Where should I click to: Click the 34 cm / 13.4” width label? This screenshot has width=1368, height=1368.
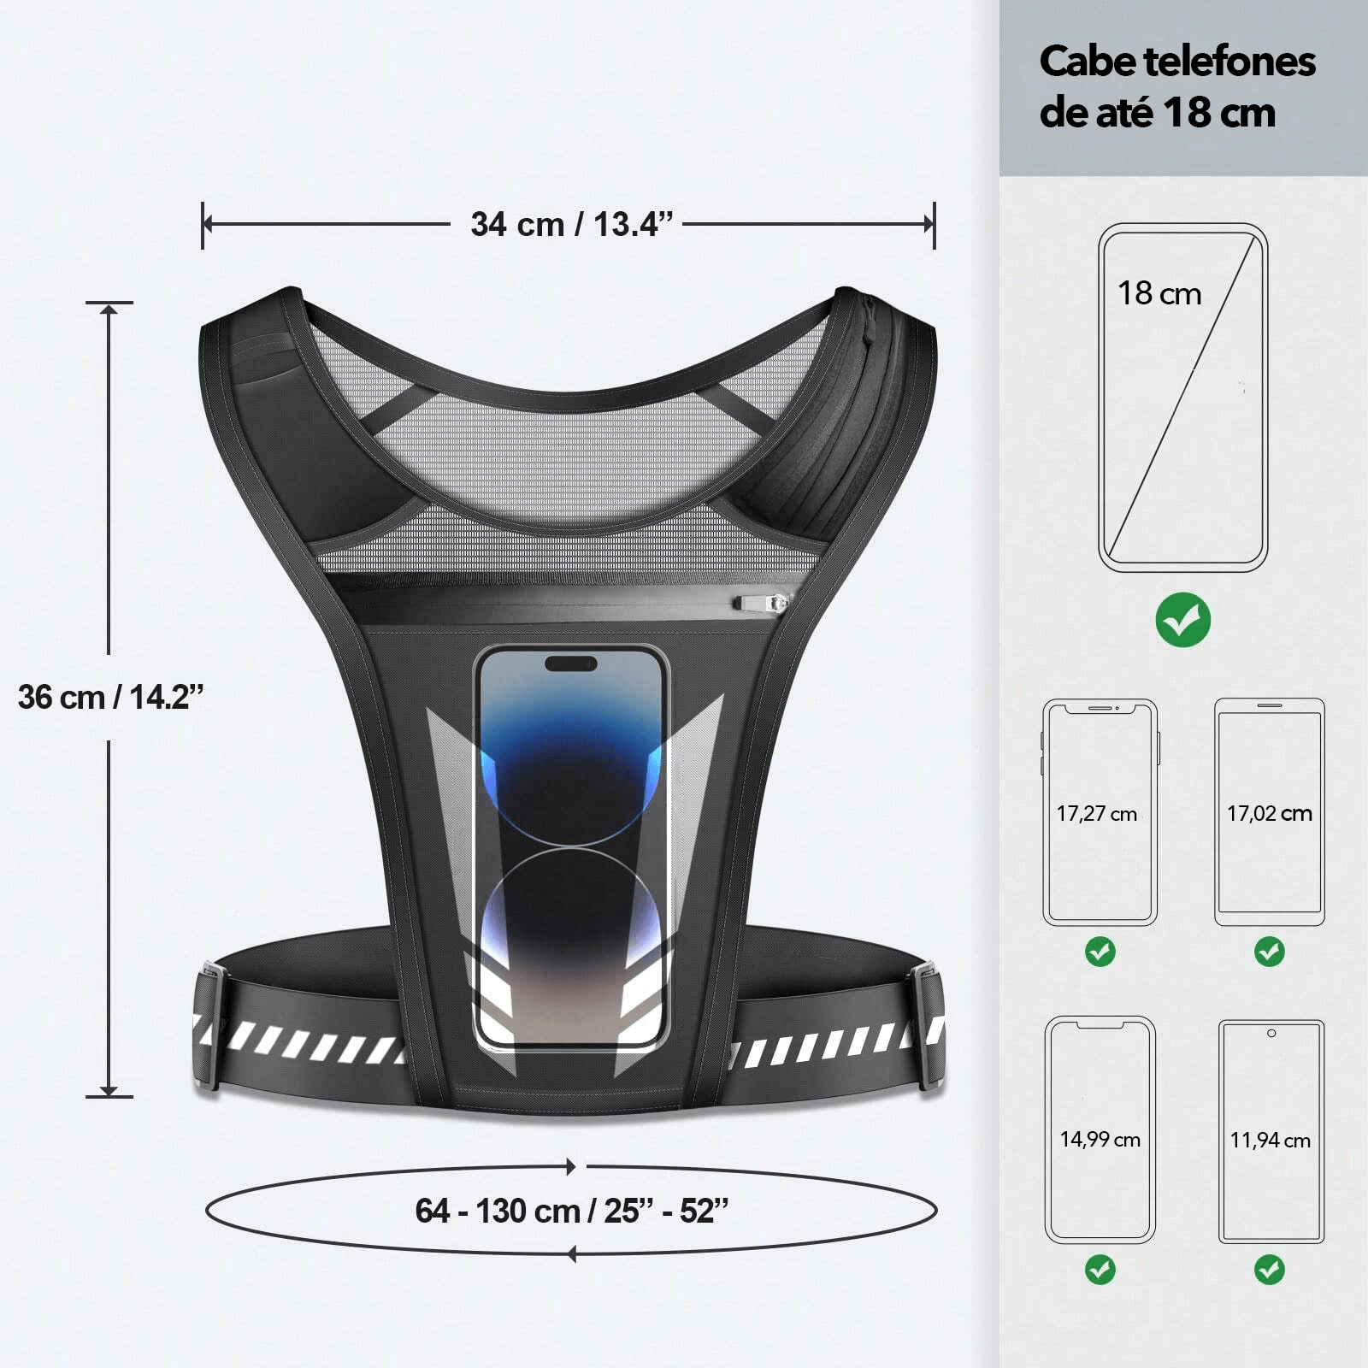coord(571,225)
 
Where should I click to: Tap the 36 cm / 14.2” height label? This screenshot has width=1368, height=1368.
coord(111,698)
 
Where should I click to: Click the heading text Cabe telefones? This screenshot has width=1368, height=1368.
coord(1176,62)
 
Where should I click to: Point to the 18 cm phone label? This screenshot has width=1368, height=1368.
coord(1159,293)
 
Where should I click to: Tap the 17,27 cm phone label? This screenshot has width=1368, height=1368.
coord(1096,814)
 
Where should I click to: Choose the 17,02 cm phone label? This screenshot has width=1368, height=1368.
coord(1269,814)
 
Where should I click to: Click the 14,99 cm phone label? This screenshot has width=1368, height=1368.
coord(1100,1140)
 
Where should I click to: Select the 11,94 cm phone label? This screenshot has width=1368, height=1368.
coord(1270,1141)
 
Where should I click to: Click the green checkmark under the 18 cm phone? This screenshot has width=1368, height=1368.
coord(1182,620)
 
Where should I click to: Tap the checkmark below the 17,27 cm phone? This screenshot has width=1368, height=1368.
coord(1100,951)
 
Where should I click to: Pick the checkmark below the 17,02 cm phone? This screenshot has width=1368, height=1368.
coord(1269,951)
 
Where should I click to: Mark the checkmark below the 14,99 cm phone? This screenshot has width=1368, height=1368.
coord(1100,1269)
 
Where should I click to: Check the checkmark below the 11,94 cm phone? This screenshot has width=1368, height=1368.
coord(1269,1269)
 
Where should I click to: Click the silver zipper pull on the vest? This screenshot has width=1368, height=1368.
coord(760,604)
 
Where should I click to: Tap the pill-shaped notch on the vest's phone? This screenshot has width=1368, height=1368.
coord(570,663)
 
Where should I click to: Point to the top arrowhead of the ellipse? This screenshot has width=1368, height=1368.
coord(570,1167)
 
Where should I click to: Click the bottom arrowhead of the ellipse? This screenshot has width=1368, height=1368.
coord(571,1254)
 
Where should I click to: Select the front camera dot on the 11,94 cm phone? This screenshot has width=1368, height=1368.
coord(1271,1034)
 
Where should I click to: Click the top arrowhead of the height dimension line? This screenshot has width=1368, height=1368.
coord(109,310)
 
